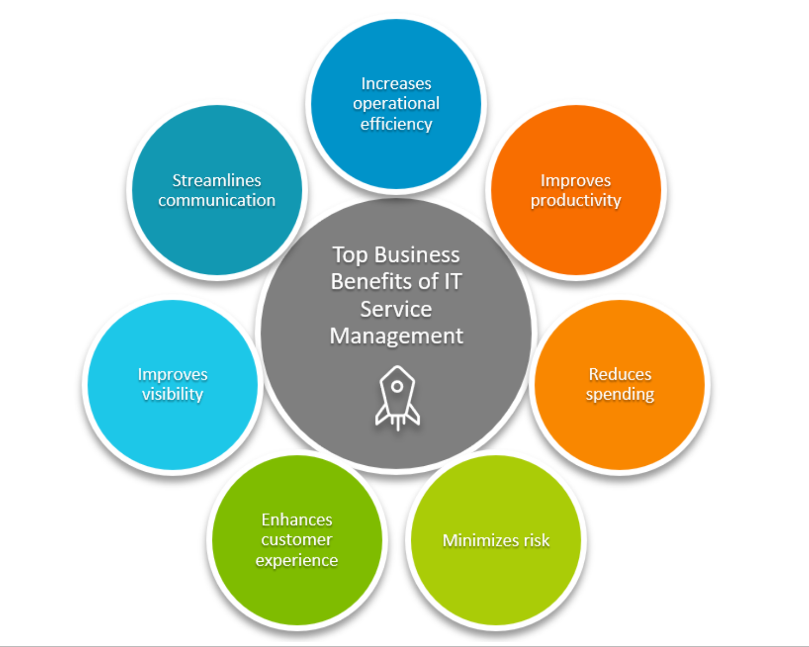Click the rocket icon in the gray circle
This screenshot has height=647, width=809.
point(397,398)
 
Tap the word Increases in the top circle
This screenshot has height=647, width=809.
point(396,84)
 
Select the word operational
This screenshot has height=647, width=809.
point(396,104)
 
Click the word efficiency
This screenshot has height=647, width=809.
point(396,124)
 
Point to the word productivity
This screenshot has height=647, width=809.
point(576,201)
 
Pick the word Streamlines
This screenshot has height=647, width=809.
point(217,180)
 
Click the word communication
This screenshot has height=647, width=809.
point(217,201)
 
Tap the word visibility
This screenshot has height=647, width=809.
point(172,394)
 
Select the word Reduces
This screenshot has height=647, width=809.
point(620,374)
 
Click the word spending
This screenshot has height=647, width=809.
point(620,395)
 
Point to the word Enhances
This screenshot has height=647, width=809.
point(297,520)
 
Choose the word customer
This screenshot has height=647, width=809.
point(297,540)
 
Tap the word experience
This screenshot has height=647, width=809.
point(297,561)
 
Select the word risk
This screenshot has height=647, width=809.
point(537,540)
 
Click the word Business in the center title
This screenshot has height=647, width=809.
point(417,255)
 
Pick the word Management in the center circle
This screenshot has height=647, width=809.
point(396,336)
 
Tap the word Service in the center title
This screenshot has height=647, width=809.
point(396,309)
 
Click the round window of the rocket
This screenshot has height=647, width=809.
point(397,387)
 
